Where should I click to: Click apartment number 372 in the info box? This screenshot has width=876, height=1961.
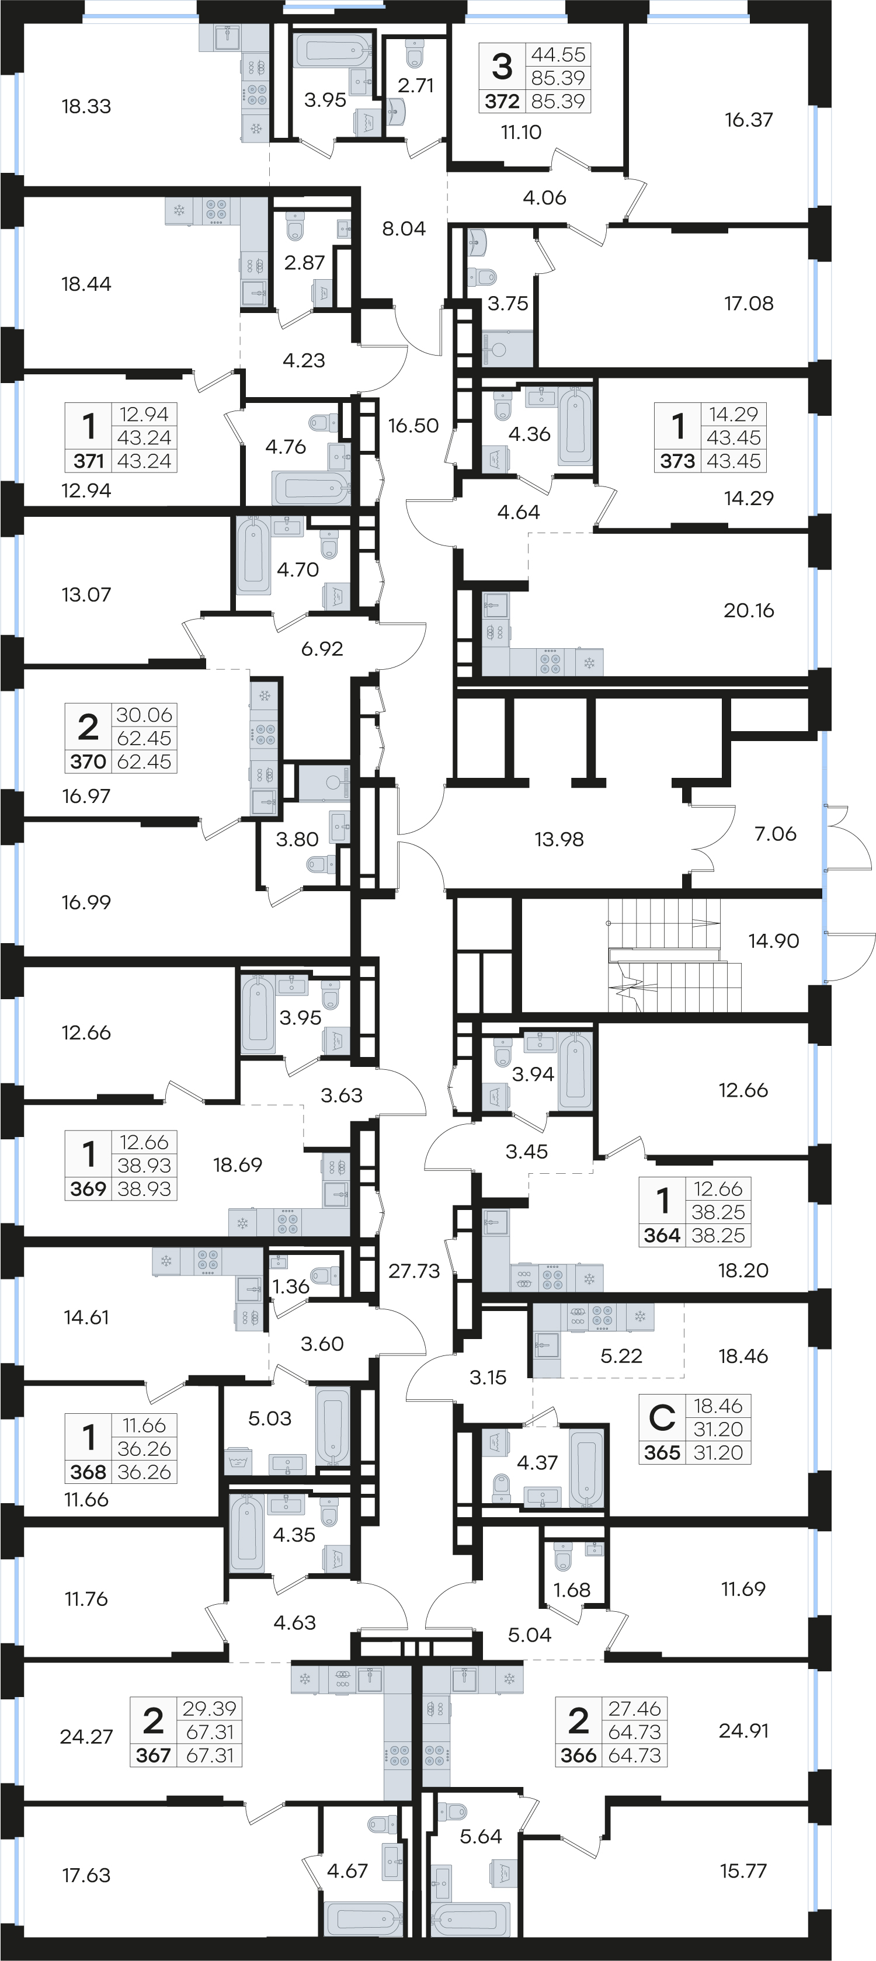tap(502, 101)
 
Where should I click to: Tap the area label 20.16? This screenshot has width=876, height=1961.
tap(749, 610)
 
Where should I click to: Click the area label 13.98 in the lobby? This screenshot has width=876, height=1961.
tap(559, 839)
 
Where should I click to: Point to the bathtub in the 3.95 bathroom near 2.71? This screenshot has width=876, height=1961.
tap(332, 50)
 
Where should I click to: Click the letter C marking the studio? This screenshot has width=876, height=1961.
tap(662, 1417)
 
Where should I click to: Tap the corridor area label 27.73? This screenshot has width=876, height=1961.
tap(414, 1271)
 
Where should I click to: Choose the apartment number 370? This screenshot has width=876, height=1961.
tap(88, 762)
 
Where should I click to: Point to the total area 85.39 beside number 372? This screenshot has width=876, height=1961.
tap(559, 101)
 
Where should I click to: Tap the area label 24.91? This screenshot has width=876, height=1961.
tap(743, 1730)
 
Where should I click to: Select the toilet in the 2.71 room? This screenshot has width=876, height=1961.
tap(414, 54)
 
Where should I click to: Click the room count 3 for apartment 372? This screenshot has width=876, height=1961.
tap(502, 66)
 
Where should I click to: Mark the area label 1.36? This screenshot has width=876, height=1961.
tap(291, 1287)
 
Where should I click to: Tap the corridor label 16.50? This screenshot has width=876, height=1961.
tap(413, 426)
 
